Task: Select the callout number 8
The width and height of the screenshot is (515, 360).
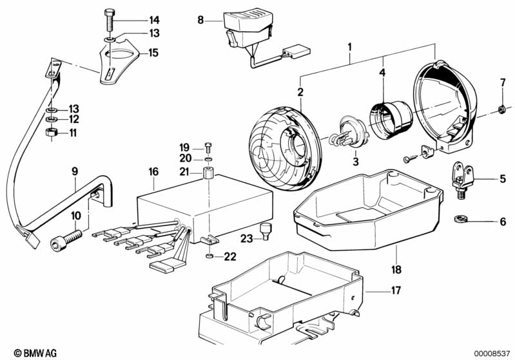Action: pos(200,21)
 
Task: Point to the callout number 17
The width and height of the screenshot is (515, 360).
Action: pos(395,290)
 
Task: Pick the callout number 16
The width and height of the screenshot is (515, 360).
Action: pos(153,172)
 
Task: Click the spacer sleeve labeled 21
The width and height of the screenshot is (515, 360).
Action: pos(208,175)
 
